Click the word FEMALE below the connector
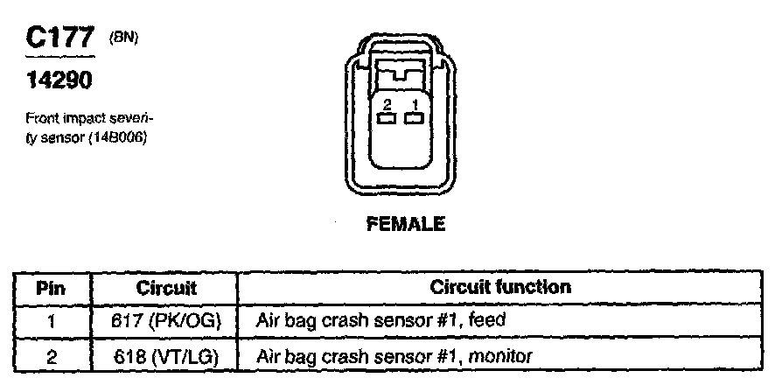coord(404,224)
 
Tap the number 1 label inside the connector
coord(415,104)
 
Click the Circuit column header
coord(166,288)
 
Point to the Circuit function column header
coord(500,287)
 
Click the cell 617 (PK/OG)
coord(166,321)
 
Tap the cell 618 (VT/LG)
coord(166,355)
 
